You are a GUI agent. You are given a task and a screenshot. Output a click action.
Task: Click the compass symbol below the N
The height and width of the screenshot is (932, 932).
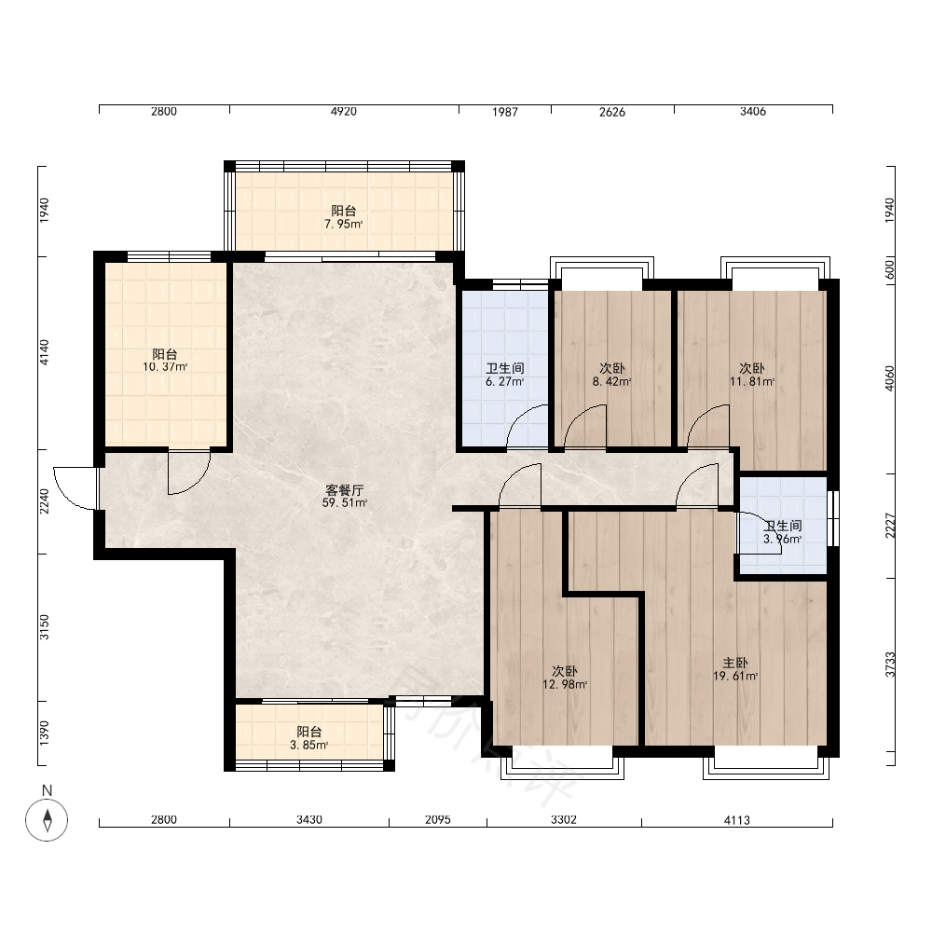coord(47,820)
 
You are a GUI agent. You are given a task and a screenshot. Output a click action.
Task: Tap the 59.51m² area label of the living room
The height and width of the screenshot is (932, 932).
coord(345,503)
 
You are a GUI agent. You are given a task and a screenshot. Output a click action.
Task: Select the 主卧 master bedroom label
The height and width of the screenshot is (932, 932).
coord(735,663)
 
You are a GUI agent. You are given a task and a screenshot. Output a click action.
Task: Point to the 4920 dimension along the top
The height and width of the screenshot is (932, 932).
coord(344,112)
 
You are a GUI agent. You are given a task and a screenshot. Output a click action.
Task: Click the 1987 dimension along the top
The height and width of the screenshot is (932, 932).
coord(504,112)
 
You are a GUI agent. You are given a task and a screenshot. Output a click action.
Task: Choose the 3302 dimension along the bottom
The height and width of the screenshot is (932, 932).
coord(564,820)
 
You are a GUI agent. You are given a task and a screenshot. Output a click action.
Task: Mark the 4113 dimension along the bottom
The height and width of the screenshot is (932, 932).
coord(736,820)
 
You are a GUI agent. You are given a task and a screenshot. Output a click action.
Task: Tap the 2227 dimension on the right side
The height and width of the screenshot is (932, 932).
coord(890,526)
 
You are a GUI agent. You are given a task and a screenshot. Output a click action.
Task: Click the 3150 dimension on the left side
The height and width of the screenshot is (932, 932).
coord(45,627)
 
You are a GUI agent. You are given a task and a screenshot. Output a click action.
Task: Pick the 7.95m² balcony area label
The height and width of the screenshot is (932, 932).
coord(344,225)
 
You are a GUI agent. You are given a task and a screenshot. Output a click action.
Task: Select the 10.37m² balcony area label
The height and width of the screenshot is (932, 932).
coord(165,367)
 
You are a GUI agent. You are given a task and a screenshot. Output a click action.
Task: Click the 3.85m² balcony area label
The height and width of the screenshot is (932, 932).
coord(309,746)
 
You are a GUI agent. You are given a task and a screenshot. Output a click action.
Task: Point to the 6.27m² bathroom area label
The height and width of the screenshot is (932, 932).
coord(504,382)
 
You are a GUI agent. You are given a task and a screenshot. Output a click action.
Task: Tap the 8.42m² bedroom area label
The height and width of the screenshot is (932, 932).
coord(611,382)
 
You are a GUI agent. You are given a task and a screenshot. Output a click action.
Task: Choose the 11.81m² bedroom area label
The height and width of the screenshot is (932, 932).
coord(752,382)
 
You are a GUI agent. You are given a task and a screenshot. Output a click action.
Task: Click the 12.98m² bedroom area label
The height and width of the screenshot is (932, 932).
coord(565,685)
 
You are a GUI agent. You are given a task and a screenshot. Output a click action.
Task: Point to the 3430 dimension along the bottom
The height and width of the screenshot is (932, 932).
coord(309,820)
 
